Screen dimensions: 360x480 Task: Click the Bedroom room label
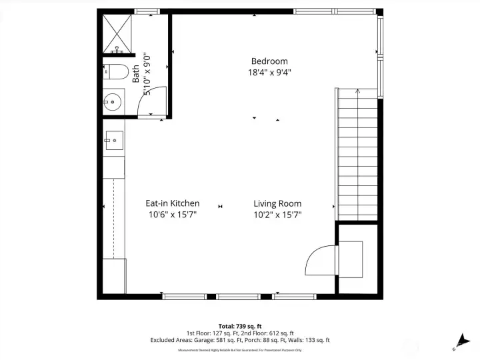click(x=269, y=61)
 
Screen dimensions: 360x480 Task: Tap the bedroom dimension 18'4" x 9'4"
click(x=269, y=72)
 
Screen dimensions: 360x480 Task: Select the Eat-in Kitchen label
click(x=172, y=203)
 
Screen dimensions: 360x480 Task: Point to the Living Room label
click(x=277, y=203)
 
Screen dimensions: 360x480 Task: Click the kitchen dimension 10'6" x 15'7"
click(x=172, y=215)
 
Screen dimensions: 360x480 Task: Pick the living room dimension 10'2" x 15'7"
click(x=277, y=215)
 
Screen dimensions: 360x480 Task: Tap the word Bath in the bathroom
click(x=136, y=73)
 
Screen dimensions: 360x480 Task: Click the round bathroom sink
click(x=111, y=103)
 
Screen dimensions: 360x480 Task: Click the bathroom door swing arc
click(x=153, y=100)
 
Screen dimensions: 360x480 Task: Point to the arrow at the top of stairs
click(x=357, y=91)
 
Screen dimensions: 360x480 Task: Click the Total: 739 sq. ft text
click(x=240, y=325)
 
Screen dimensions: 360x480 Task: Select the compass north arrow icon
click(x=461, y=341)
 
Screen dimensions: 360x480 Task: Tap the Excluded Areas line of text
click(x=240, y=340)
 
